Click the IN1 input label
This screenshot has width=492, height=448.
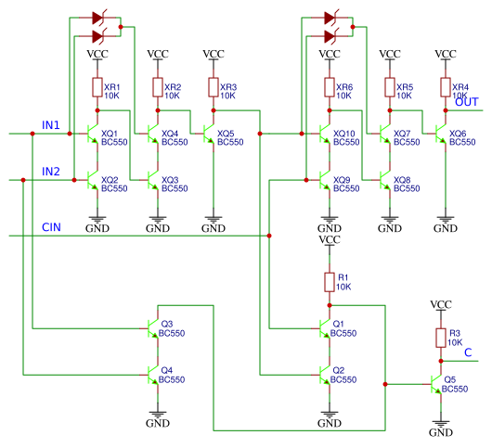tap(51, 124)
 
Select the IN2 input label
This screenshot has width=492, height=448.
tap(51, 172)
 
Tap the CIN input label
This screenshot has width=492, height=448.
tap(52, 227)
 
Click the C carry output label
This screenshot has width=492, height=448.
tap(469, 352)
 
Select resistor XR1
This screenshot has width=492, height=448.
tap(97, 88)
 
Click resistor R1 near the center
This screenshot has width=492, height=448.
tap(329, 282)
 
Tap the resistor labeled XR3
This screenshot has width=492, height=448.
tap(213, 88)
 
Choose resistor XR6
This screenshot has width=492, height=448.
tap(329, 88)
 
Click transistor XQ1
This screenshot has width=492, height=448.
tap(93, 134)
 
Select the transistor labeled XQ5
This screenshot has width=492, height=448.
tap(209, 134)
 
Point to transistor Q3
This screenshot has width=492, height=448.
tap(154, 328)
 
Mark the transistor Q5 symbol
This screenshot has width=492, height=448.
tap(437, 383)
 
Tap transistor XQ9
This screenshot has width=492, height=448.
tap(325, 180)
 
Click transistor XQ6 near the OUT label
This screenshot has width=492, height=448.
tap(441, 134)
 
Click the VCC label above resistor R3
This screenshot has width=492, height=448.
tap(442, 304)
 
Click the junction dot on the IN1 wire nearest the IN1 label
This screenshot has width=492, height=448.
tap(32, 134)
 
